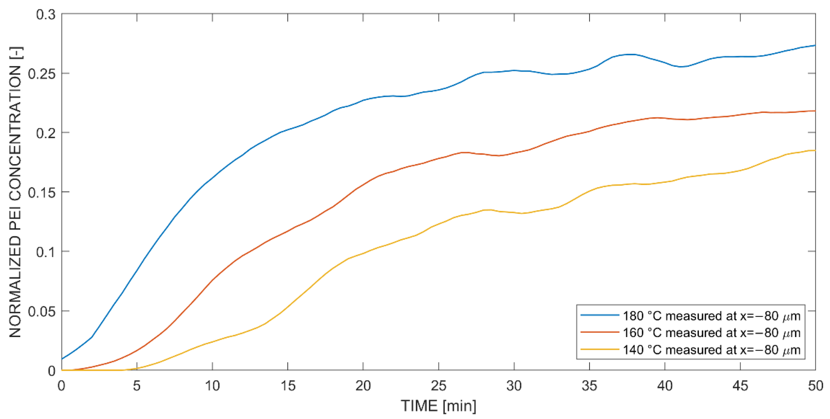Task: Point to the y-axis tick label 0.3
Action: pyautogui.click(x=46, y=15)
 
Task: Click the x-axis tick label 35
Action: pyautogui.click(x=589, y=385)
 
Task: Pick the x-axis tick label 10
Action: pyautogui.click(x=212, y=385)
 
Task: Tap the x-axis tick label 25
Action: pyautogui.click(x=438, y=385)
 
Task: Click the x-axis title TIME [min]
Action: pyautogui.click(x=438, y=406)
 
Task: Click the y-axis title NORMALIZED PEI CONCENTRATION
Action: pyautogui.click(x=15, y=193)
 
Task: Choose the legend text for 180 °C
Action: pyautogui.click(x=711, y=316)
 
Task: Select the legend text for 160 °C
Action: pyautogui.click(x=711, y=333)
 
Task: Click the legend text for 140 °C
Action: pyautogui.click(x=711, y=350)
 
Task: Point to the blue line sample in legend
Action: pyautogui.click(x=600, y=315)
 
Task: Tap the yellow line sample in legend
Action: pyautogui.click(x=600, y=349)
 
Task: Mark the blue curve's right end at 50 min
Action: pyautogui.click(x=815, y=45)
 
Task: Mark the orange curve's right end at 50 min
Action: pyautogui.click(x=815, y=111)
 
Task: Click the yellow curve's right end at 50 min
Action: pyautogui.click(x=815, y=150)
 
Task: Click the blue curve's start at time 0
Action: pyautogui.click(x=62, y=359)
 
